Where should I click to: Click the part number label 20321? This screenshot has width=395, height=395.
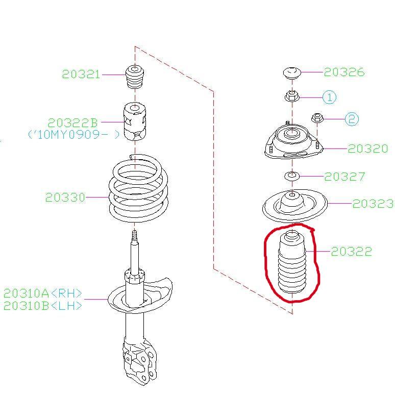point(81,75)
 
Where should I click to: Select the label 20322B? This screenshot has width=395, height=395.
point(72,122)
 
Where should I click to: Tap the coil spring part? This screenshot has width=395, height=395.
point(138,188)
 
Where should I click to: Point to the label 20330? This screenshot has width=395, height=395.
point(65,197)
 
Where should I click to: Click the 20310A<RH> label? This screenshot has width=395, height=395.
point(43,293)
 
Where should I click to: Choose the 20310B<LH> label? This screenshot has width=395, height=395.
point(43,306)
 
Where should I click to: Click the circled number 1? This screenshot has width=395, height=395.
point(329,97)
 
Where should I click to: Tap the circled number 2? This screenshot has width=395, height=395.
point(352,119)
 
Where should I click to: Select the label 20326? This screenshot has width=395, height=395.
point(344,72)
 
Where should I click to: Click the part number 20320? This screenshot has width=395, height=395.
point(368,149)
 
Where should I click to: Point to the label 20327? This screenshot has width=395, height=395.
point(344,177)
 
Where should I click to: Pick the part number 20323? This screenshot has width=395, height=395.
point(373,204)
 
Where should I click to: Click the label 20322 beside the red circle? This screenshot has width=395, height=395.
point(352,252)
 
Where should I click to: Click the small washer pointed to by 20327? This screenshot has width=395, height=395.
point(292,176)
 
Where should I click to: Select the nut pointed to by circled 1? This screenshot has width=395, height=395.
point(292,96)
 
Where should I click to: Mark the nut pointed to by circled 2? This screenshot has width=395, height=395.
point(317,118)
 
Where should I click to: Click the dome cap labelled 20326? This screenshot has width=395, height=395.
point(292,73)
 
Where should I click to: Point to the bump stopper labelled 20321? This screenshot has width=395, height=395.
point(135,77)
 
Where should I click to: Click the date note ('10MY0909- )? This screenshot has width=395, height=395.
point(73,135)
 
